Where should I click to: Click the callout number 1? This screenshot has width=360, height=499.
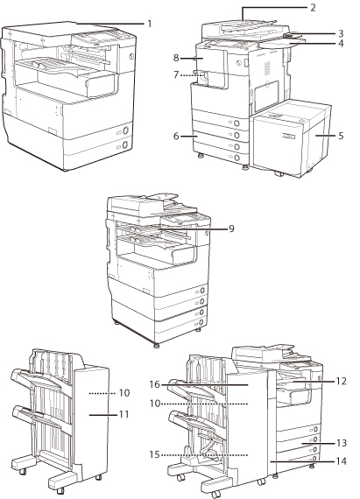coord(149,24)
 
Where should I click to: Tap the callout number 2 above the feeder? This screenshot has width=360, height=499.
coord(313,8)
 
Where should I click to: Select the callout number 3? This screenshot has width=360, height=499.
coord(341,33)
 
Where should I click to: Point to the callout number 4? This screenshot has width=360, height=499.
coord(341,43)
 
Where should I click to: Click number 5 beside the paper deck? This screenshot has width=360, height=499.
coord(341,136)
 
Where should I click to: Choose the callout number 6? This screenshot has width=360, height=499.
coord(176,137)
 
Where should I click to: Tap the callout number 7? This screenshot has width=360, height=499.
coord(176,75)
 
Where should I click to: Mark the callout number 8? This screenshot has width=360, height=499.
coord(176,58)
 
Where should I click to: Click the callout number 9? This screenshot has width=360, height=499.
coord(231,228)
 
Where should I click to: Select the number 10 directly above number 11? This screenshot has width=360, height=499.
coord(124,393)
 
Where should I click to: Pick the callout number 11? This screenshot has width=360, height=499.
coord(124,414)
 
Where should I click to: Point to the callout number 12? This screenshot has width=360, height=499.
coord(341,381)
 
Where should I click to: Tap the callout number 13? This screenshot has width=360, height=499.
coord(342,443)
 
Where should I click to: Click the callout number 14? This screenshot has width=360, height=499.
coord(342,460)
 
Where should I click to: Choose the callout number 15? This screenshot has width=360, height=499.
coord(154,454)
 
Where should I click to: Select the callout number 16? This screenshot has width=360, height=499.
coord(154,384)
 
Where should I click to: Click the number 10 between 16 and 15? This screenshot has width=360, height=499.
coord(155,404)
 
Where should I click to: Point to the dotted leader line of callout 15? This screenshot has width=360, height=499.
coord(205,455)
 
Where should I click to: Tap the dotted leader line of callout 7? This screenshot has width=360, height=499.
coord(192,75)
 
